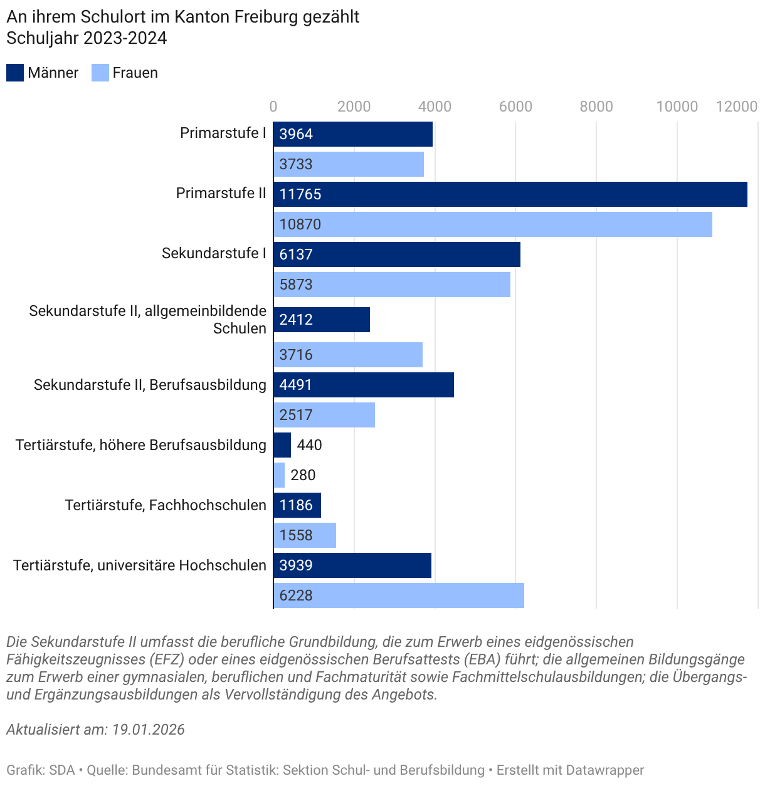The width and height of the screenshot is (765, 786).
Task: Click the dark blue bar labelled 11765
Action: click(x=510, y=194)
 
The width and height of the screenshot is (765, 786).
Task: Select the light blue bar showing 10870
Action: click(x=492, y=224)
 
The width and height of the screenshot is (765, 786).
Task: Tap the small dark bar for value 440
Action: click(x=282, y=445)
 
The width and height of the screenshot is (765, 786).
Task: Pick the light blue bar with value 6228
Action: click(x=398, y=595)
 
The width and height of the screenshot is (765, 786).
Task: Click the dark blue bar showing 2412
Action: click(x=322, y=320)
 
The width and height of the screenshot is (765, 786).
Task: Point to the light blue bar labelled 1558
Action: click(x=305, y=535)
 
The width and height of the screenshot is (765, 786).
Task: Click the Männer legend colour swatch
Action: click(x=15, y=73)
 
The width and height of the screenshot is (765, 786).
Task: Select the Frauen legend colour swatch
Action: click(x=100, y=73)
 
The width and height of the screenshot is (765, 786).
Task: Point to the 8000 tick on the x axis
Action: click(x=596, y=107)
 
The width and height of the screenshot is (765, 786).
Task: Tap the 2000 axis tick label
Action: click(x=354, y=107)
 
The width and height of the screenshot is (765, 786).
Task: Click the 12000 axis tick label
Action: click(x=737, y=107)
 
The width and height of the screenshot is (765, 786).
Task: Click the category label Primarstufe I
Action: click(x=223, y=133)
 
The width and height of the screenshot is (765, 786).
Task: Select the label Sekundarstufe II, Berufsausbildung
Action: click(x=150, y=385)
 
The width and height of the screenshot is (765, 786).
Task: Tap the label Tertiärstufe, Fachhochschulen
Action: click(x=166, y=505)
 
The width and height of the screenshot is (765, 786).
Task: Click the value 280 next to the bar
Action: click(x=303, y=475)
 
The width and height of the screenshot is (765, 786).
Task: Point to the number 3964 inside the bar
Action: click(x=296, y=134)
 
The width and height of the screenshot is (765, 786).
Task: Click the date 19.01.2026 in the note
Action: click(x=149, y=730)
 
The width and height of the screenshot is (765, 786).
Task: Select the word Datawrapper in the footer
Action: click(x=603, y=770)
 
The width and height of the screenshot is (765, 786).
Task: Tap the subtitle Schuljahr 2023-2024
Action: click(x=87, y=38)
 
